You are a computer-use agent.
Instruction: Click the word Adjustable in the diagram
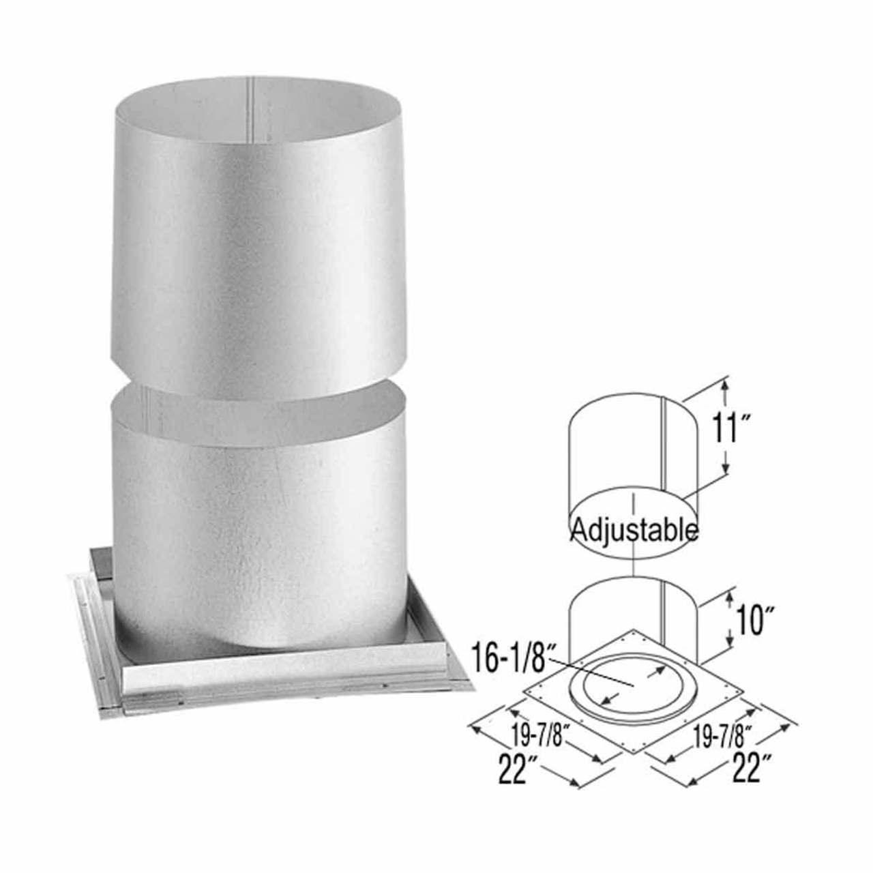click(x=634, y=529)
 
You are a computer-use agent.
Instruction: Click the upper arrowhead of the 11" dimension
click(x=725, y=387)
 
